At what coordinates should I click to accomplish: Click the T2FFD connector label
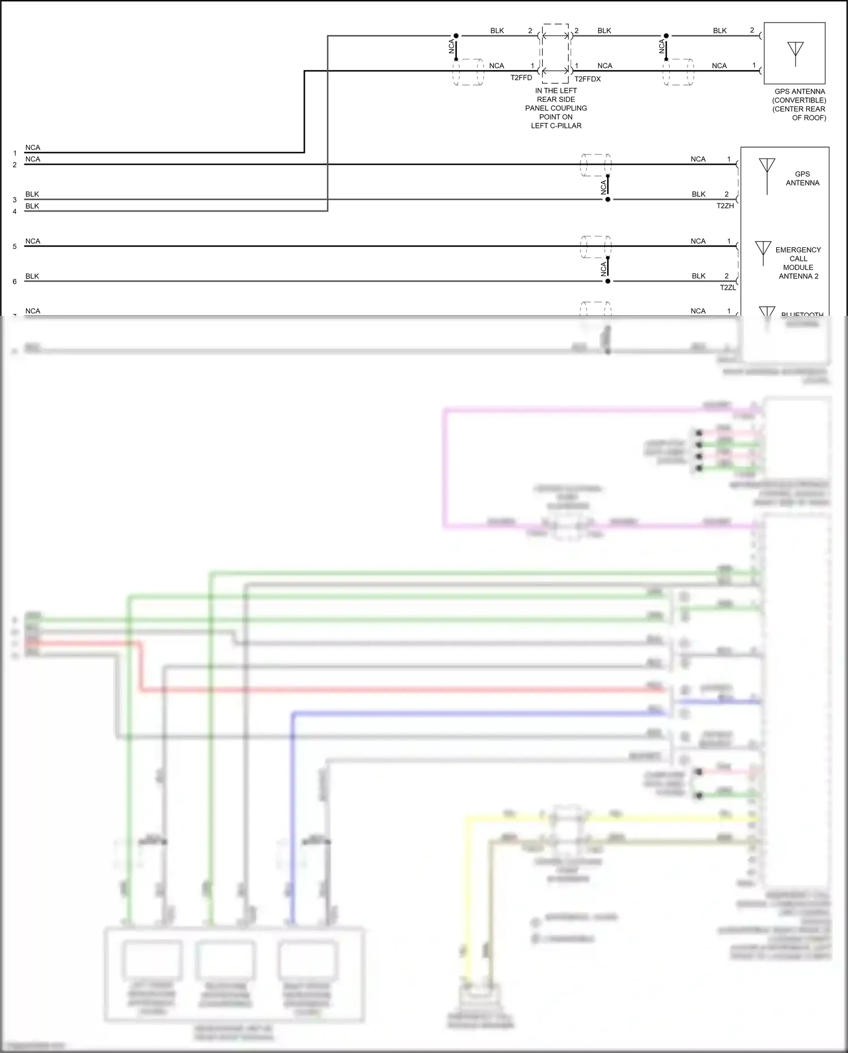[x=521, y=78]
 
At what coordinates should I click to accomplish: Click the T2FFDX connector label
[x=587, y=79]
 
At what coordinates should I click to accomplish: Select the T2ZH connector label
[x=725, y=206]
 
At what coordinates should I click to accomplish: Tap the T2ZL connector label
[x=728, y=287]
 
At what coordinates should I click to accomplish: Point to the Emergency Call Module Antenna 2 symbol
[x=763, y=252]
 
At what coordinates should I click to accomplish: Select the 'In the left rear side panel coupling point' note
[x=556, y=108]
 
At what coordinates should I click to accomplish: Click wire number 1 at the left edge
[x=15, y=153]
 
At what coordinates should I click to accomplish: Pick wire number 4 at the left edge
[x=15, y=212]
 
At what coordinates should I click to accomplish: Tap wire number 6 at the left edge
[x=15, y=281]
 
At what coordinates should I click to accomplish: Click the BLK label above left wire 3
[x=32, y=194]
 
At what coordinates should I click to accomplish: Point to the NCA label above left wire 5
[x=33, y=241]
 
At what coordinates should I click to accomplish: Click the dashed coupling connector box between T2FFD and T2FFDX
[x=555, y=53]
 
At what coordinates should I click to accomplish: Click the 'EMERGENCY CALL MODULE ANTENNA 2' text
[x=798, y=263]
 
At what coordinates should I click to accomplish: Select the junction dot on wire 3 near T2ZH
[x=608, y=199]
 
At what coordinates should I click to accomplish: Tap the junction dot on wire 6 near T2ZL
[x=608, y=281]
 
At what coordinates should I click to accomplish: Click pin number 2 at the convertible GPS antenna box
[x=752, y=31]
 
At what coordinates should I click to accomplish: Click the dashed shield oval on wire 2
[x=595, y=165]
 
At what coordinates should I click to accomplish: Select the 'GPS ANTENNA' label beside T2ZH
[x=802, y=178]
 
